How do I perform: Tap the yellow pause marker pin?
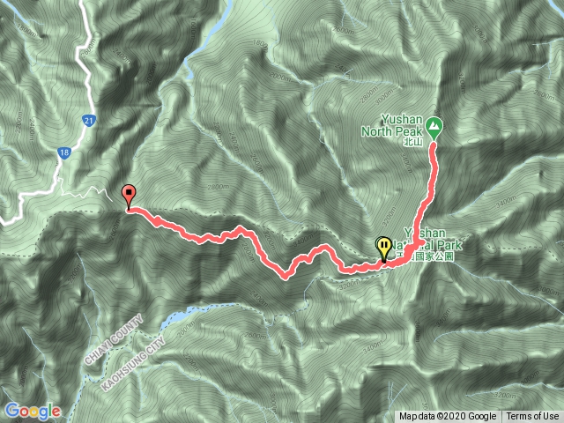click(x=384, y=248)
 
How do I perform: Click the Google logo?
click(x=32, y=411)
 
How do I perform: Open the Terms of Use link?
click(x=532, y=417)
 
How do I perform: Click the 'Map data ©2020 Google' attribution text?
click(x=448, y=417)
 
